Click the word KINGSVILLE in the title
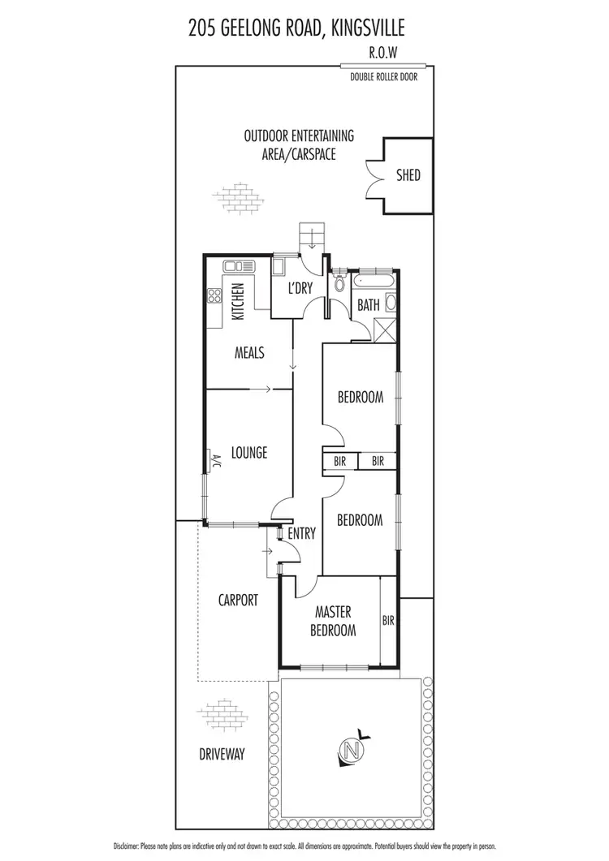coord(369,30)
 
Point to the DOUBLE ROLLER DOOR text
coord(383,78)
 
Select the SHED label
coord(408,174)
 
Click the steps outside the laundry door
coord(312,235)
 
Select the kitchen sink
coord(240,265)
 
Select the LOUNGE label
coord(248,453)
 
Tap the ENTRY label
coord(301,533)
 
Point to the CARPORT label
coord(238,601)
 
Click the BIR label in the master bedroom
coord(388,621)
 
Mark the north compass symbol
coord(349,747)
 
